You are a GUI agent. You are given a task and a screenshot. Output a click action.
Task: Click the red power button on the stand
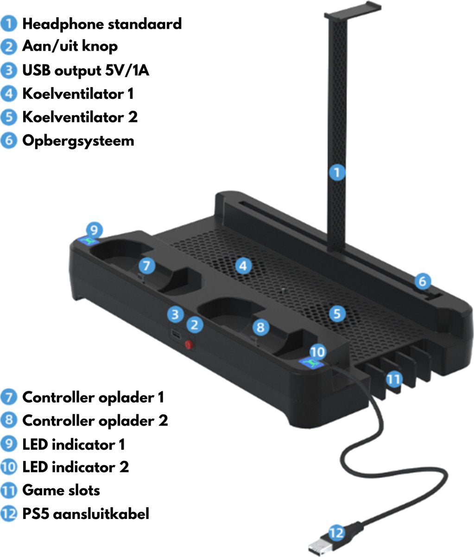(x=189, y=345)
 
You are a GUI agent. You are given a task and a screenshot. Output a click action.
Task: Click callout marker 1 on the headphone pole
(x=337, y=173)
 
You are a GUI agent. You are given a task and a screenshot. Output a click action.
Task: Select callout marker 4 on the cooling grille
(x=243, y=266)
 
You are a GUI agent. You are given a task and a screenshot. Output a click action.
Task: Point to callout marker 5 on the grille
(x=337, y=313)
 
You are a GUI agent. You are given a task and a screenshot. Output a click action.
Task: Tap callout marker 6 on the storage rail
(x=422, y=281)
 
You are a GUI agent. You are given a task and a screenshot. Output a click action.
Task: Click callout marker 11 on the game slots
(x=393, y=379)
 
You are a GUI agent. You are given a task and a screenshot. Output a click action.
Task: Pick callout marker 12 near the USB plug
(x=337, y=532)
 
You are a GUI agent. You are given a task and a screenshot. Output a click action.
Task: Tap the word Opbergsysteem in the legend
(x=78, y=140)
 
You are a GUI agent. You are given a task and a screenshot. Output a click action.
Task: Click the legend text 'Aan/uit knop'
(x=70, y=46)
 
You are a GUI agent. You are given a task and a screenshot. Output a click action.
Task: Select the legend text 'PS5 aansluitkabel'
(x=86, y=514)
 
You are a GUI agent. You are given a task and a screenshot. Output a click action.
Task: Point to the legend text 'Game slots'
(x=61, y=490)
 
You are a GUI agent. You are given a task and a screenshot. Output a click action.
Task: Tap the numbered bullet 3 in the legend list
(x=9, y=71)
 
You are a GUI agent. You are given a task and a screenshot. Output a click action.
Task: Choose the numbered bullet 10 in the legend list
(x=9, y=466)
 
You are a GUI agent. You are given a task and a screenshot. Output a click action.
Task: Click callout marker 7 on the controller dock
(x=146, y=266)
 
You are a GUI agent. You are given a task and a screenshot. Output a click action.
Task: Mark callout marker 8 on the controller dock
(x=260, y=327)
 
